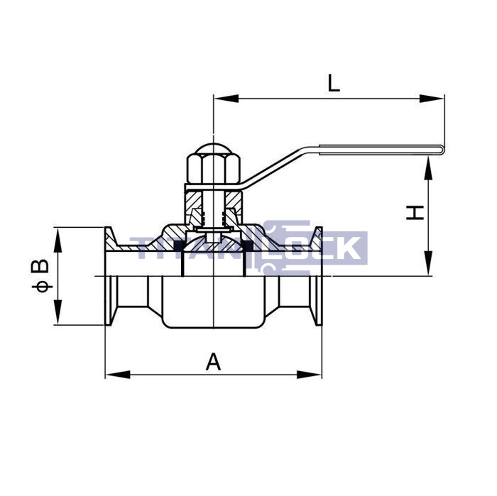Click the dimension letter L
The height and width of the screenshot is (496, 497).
(334, 83)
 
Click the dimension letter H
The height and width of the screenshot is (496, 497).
(415, 213)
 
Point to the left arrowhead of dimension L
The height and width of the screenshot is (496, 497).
(226, 99)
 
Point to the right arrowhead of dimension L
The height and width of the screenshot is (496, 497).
(432, 99)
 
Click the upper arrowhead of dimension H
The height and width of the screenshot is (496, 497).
(428, 168)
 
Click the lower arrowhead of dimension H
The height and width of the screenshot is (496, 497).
(428, 263)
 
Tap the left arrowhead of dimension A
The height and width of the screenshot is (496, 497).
(118, 375)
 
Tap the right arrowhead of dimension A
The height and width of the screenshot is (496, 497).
(309, 375)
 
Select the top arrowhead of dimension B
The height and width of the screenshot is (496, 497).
(58, 240)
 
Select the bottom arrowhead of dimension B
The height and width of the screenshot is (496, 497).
(58, 312)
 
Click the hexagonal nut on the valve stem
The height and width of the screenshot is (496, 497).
(213, 169)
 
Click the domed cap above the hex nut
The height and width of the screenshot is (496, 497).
(213, 149)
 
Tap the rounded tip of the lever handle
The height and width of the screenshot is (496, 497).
(441, 150)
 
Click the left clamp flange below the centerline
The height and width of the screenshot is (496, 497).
(111, 301)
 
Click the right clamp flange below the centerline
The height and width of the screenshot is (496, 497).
(316, 301)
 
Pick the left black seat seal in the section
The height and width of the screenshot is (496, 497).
(179, 245)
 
